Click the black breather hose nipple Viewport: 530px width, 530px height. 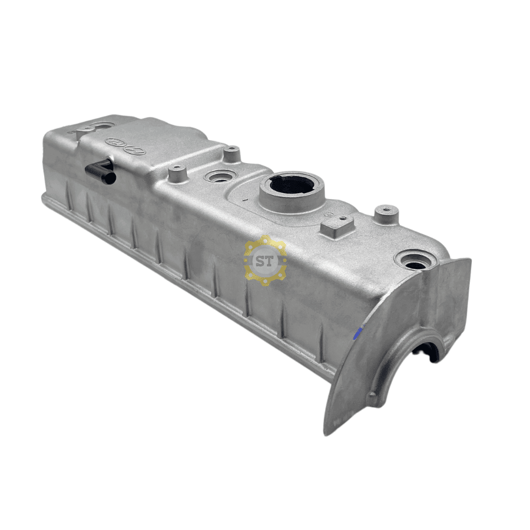[x=100, y=171]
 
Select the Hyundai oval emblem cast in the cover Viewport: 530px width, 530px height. [x=135, y=151]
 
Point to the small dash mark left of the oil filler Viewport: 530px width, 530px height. [x=243, y=200]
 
